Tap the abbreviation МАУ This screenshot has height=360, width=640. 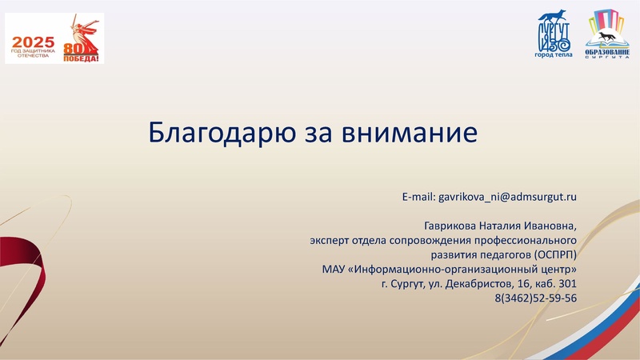pos(325,269)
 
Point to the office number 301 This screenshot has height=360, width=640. pos(567,284)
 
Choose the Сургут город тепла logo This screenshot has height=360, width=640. pos(554,35)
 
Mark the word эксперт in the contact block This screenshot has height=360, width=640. pos(330,239)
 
